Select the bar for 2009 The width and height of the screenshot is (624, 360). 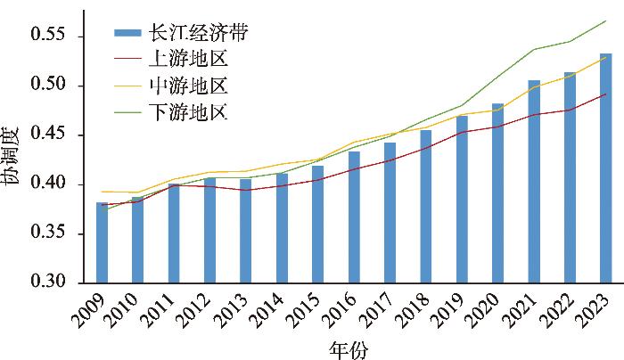[x=103, y=242]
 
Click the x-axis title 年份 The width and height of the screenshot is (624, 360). [x=349, y=348]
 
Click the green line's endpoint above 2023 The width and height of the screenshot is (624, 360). [x=606, y=20]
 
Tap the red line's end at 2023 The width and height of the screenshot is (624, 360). [x=606, y=94]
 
